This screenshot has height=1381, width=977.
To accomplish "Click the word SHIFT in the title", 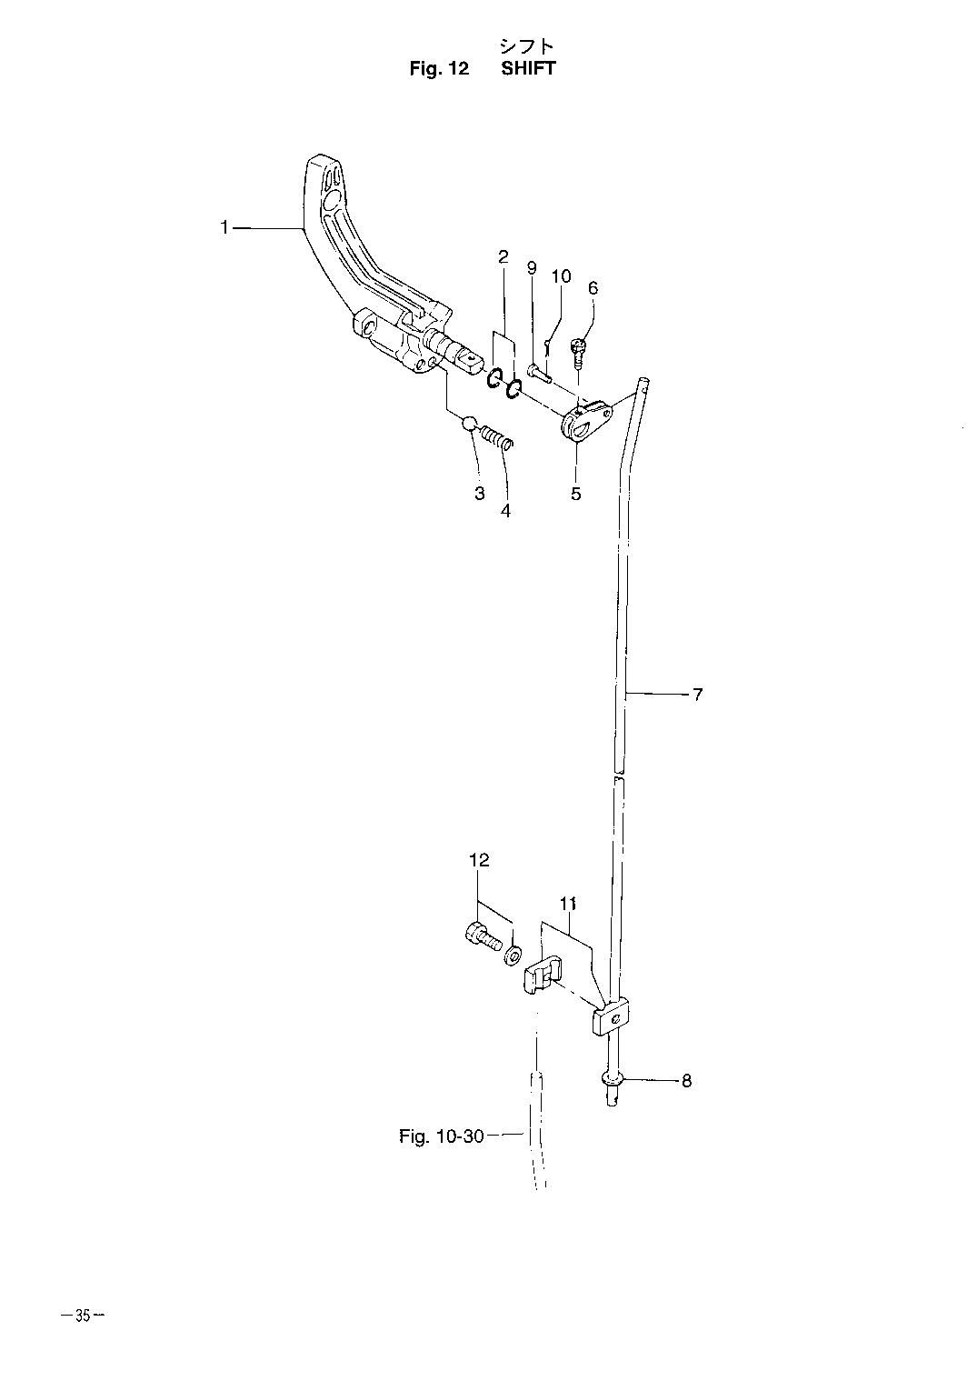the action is (x=528, y=68).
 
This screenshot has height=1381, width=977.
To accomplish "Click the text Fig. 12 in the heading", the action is (x=439, y=68).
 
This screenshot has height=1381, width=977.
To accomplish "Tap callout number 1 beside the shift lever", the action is (x=224, y=228).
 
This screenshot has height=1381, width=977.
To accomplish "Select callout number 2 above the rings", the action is (x=503, y=256).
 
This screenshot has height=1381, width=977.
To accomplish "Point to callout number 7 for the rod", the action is (x=697, y=695).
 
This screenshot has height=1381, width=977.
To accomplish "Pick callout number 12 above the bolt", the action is (x=479, y=860).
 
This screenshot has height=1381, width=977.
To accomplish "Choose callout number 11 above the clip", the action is (x=568, y=904).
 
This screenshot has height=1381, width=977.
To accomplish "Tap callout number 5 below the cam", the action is (x=575, y=493).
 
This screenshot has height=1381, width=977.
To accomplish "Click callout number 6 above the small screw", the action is (x=593, y=287).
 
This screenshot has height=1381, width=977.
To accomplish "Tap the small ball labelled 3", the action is (x=470, y=424).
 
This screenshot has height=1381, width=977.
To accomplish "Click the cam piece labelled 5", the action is (x=586, y=418).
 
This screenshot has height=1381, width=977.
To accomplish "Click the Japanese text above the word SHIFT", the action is (x=527, y=46).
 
